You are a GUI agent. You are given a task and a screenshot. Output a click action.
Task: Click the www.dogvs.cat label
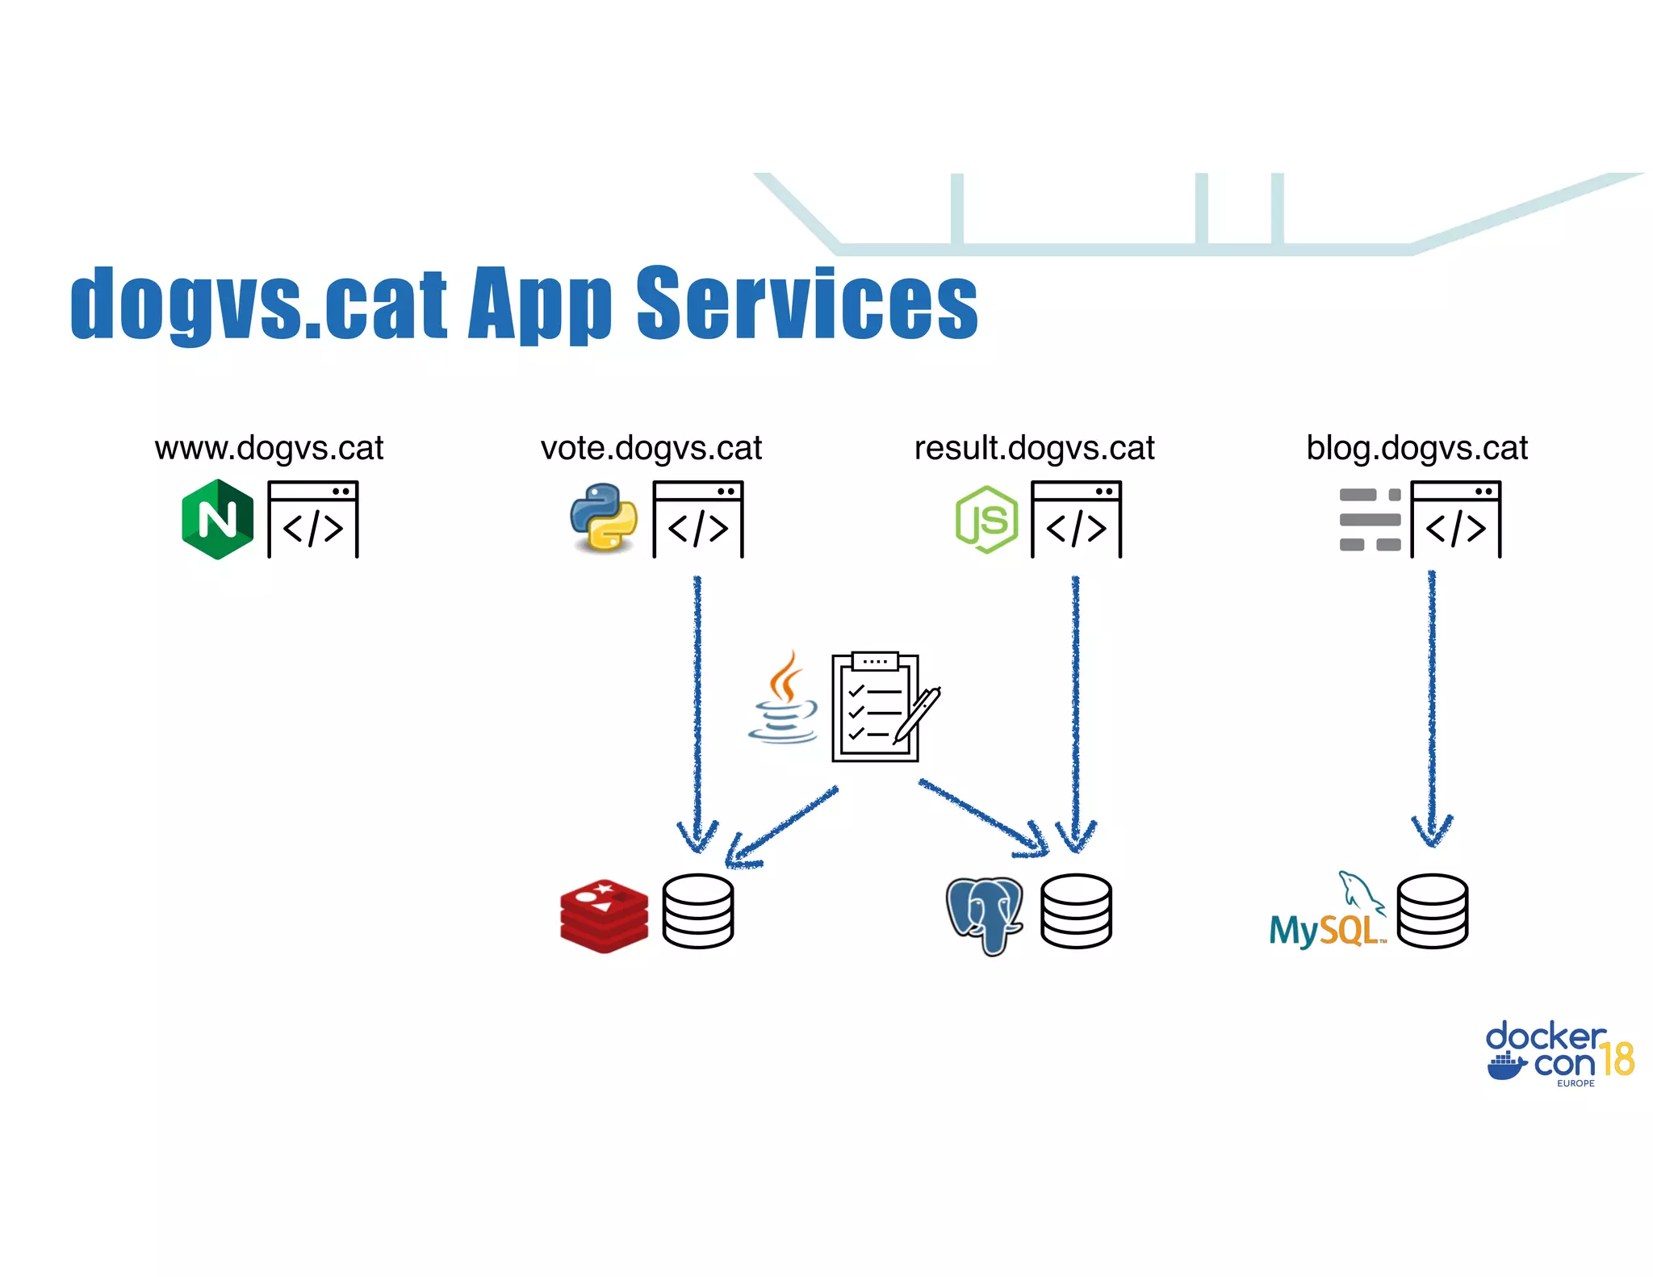tap(269, 448)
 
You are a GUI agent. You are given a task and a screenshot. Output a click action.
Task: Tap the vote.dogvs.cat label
tap(651, 448)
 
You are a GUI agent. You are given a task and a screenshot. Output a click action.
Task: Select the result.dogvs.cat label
tap(1034, 448)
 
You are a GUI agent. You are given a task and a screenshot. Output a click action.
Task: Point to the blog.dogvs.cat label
tap(1417, 448)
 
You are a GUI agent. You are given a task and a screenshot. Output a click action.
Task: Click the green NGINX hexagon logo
tap(217, 519)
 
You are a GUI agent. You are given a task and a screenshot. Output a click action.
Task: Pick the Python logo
tap(603, 517)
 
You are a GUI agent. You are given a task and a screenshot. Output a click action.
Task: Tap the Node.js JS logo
tap(986, 519)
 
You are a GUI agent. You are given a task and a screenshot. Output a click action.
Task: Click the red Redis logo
tap(604, 915)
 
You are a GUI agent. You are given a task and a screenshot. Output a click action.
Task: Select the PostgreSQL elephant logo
tap(985, 914)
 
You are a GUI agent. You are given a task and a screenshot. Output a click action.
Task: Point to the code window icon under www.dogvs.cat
tap(312, 519)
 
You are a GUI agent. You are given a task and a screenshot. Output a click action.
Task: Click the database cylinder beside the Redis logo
tap(697, 911)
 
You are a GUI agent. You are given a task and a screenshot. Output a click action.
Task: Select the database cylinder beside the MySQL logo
tap(1432, 911)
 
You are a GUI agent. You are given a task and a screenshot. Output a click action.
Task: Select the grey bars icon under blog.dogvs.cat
tap(1370, 519)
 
